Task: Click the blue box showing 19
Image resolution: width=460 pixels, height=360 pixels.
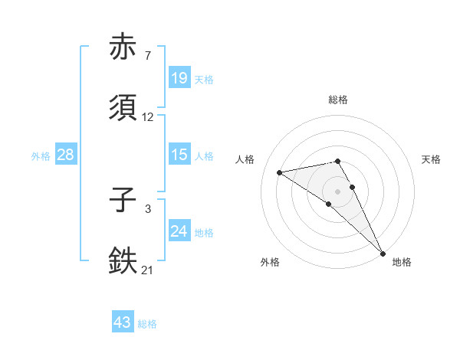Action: coord(179,77)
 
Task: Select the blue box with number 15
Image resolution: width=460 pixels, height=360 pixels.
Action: coord(179,155)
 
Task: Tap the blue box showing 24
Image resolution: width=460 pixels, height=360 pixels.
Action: coord(179,231)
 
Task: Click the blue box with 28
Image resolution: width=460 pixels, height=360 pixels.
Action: coord(66,155)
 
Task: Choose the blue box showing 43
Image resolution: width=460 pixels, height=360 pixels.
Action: coord(123,322)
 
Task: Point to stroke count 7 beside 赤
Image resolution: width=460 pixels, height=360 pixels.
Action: coord(148,56)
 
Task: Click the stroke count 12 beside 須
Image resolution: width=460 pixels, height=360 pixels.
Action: coord(148,117)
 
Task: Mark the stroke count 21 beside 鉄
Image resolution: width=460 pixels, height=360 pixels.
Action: coord(148,270)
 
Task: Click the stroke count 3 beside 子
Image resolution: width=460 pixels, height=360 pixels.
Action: coord(148,208)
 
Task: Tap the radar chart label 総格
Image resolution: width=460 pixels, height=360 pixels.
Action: coord(338,100)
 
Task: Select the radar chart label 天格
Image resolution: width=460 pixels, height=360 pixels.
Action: coord(431,159)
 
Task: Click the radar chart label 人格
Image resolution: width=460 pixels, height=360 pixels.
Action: coord(245,159)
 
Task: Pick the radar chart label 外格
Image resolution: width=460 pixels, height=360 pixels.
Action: coord(270,262)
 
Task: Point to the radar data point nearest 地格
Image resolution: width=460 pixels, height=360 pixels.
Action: coord(382,253)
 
